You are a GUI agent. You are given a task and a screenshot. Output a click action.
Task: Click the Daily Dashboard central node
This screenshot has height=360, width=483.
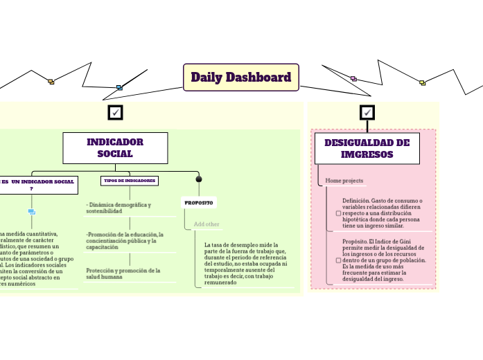[x=240, y=78]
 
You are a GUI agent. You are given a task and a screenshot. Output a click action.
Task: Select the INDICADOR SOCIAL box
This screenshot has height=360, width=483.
[x=115, y=147]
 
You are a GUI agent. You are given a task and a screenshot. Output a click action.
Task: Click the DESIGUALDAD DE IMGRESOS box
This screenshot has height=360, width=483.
[x=367, y=148]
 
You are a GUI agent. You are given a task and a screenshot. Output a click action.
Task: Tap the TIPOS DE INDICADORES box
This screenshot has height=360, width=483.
[x=130, y=181]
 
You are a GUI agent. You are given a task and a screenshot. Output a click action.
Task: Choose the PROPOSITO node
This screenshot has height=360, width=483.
[x=199, y=203]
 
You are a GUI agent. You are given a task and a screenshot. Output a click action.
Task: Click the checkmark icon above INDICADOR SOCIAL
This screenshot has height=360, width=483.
[x=116, y=112]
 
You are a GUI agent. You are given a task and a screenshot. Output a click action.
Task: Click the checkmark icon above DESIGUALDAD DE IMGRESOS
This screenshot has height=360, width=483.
[x=367, y=112]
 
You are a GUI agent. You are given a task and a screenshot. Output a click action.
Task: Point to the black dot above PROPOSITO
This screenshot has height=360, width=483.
[x=199, y=179]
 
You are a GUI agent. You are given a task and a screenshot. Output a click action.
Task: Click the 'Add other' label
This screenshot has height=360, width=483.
[x=207, y=224]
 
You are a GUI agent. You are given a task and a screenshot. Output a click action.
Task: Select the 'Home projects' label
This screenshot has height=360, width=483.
[x=344, y=181]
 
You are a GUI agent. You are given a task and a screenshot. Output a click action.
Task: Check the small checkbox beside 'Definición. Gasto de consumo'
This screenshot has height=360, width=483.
[x=338, y=213]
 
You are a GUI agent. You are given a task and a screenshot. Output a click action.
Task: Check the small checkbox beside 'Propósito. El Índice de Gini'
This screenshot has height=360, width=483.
[x=338, y=261]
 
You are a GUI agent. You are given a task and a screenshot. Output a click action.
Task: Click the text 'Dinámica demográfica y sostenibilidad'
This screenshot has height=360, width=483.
[x=119, y=208]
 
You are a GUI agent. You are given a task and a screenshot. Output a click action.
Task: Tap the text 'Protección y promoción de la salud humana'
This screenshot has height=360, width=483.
[x=123, y=273]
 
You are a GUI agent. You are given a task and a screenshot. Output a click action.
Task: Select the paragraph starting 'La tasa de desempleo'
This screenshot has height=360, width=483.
[x=245, y=264]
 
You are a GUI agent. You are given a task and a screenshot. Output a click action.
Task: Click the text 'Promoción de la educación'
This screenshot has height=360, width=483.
[x=125, y=240]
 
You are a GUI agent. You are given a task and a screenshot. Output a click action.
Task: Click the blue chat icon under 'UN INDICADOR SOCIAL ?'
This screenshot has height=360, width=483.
[x=32, y=212]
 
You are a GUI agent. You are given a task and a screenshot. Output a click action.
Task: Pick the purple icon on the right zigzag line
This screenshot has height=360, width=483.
[x=353, y=79]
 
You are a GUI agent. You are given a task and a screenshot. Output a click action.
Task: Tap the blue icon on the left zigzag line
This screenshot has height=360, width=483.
[x=119, y=88]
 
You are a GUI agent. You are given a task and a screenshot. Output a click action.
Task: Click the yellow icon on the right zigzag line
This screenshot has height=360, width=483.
[x=422, y=83]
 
